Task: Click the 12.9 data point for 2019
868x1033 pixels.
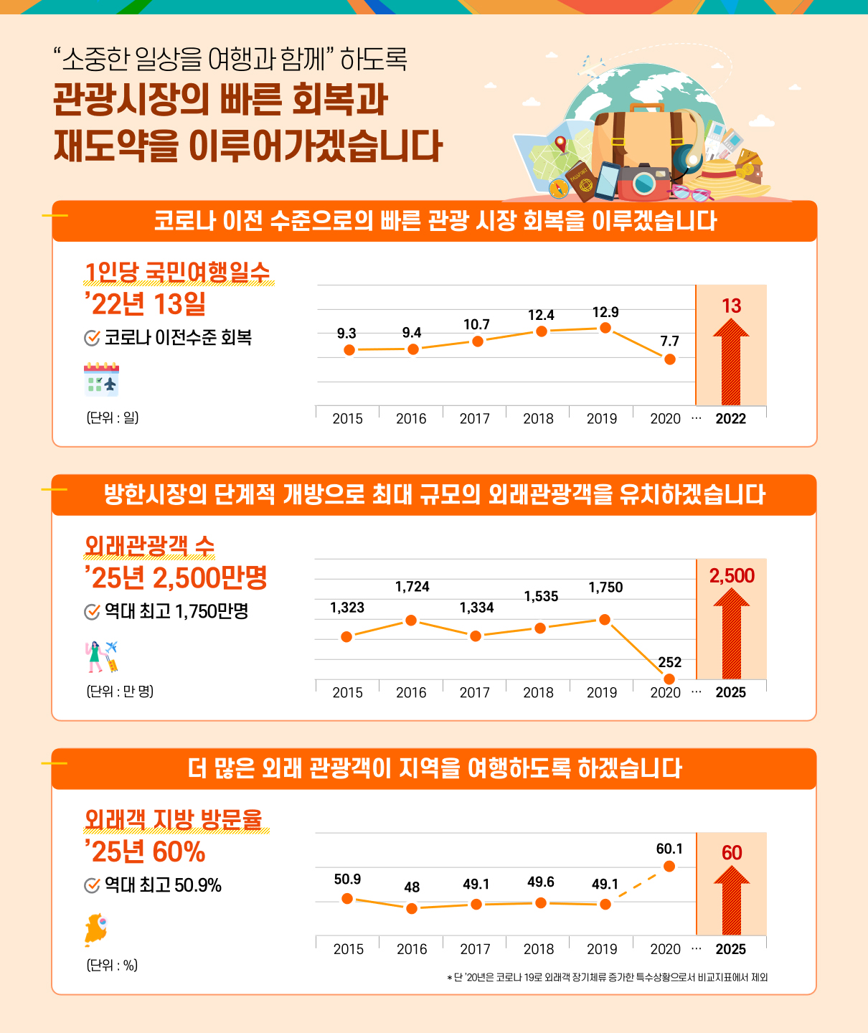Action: click(605, 328)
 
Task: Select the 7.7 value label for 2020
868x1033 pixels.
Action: click(669, 341)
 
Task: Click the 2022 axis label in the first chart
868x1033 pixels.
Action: click(731, 419)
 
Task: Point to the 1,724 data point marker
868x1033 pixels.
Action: click(411, 620)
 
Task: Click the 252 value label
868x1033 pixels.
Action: click(670, 662)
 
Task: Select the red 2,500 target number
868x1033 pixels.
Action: click(732, 576)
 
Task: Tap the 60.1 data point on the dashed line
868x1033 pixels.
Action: click(669, 867)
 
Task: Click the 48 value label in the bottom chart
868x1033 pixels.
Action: click(412, 887)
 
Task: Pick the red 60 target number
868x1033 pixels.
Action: click(732, 853)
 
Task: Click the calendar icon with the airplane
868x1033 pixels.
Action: click(101, 380)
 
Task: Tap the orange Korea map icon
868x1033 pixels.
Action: click(96, 930)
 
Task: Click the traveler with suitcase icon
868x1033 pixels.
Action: click(101, 656)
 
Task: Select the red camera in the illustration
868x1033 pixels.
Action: click(643, 182)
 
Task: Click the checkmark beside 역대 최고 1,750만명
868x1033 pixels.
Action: click(92, 612)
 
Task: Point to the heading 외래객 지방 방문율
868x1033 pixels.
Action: click(174, 819)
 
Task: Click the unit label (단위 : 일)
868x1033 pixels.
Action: click(113, 418)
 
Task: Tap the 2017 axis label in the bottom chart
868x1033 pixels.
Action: click(475, 949)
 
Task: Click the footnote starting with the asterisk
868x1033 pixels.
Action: click(607, 977)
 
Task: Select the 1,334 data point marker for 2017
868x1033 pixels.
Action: click(476, 636)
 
